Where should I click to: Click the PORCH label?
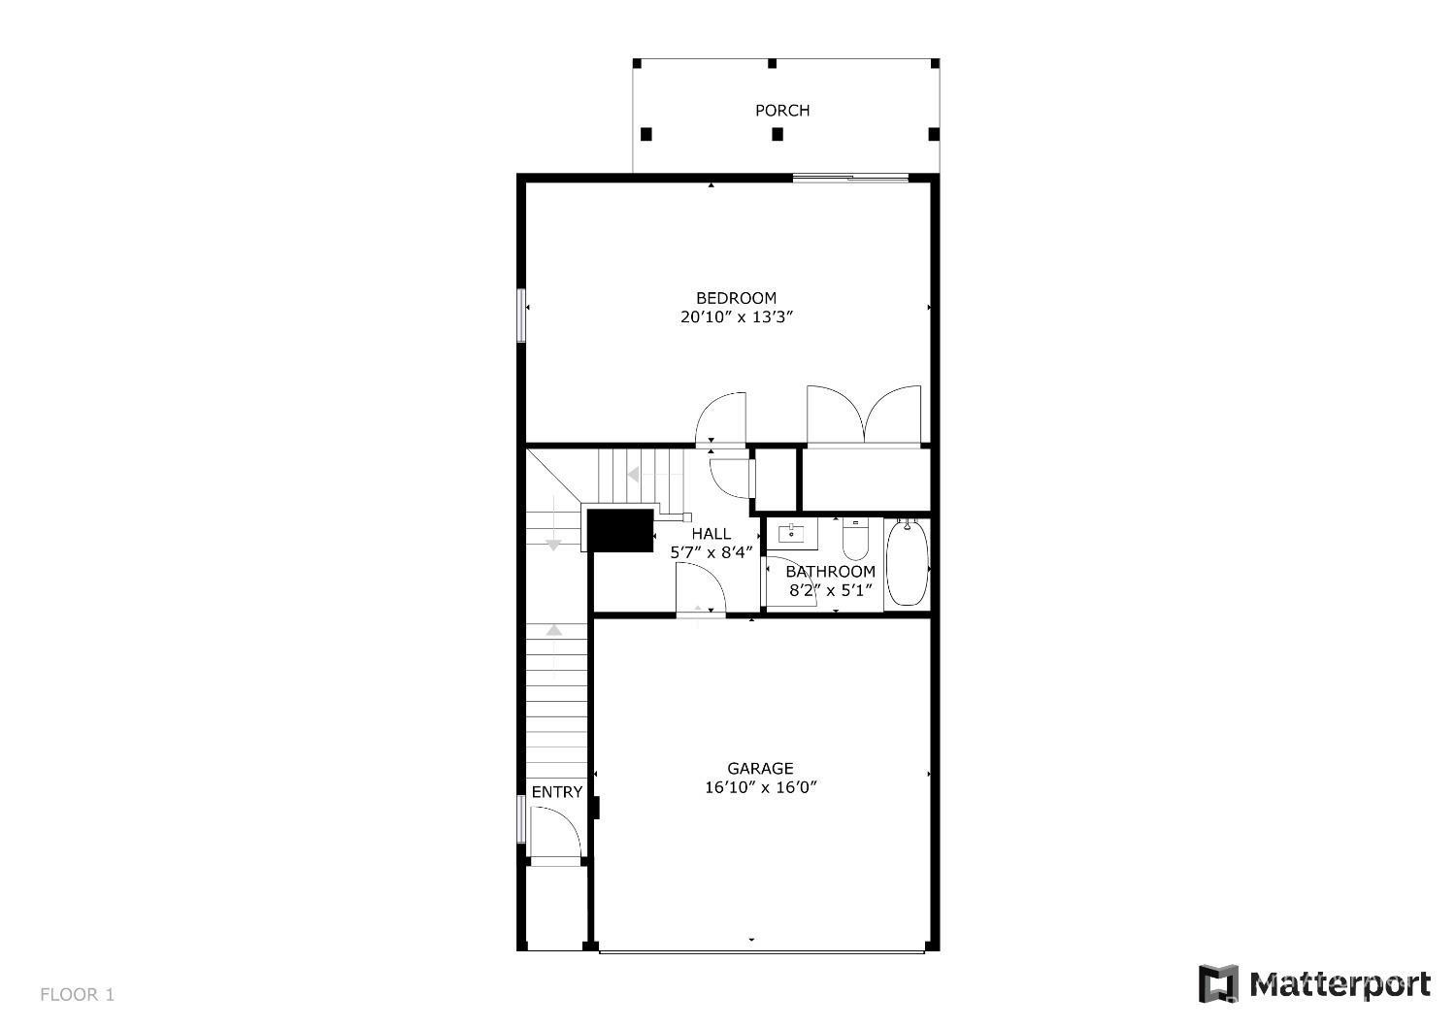(x=782, y=111)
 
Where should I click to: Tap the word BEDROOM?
(x=736, y=298)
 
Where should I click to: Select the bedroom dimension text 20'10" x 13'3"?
(x=737, y=317)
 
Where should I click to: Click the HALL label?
(x=711, y=534)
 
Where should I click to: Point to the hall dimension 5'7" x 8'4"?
(x=711, y=552)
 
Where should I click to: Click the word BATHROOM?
(x=831, y=572)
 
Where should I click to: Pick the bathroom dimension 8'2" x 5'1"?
(x=830, y=590)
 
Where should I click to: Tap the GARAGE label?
(x=760, y=768)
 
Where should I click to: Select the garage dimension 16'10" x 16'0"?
(x=760, y=787)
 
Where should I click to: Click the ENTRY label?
(x=557, y=792)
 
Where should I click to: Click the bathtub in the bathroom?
(x=907, y=563)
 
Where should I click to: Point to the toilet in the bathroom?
(x=855, y=539)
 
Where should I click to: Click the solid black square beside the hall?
(x=620, y=530)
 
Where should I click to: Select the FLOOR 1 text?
(x=77, y=995)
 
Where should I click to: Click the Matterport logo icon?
(x=1219, y=984)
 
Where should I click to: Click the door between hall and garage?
(x=701, y=589)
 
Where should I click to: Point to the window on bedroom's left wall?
(x=520, y=315)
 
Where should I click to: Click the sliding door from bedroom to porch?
(x=850, y=177)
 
